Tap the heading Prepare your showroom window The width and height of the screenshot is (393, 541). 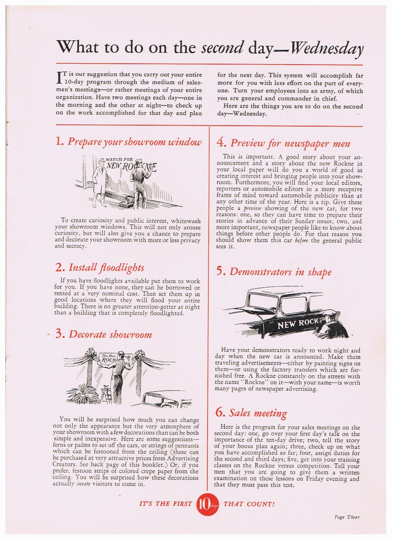[134, 141]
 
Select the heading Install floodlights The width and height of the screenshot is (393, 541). [106, 268]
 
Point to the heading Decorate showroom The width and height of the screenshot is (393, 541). [110, 334]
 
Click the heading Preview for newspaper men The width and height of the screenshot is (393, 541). [290, 143]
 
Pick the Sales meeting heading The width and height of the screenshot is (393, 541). [258, 413]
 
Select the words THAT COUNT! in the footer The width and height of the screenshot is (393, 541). [249, 504]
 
